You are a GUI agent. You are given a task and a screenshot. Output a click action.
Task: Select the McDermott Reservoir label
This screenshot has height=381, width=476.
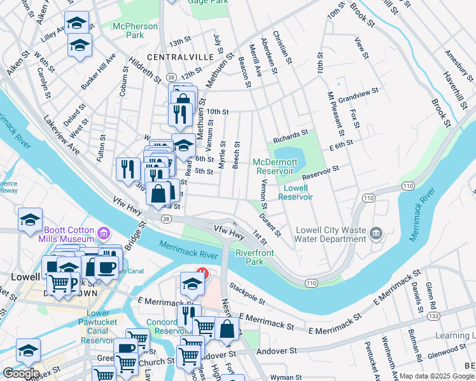click(275, 166)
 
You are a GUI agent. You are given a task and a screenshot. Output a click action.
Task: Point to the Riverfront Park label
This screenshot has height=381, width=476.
click(255, 257)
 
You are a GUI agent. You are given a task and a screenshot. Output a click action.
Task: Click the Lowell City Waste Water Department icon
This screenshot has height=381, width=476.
click(377, 234)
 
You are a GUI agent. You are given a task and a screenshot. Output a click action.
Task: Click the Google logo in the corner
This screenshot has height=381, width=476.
click(21, 373)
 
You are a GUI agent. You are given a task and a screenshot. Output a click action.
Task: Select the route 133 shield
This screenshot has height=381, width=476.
click(433, 316)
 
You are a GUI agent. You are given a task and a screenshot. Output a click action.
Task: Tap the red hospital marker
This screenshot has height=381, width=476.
click(202, 274)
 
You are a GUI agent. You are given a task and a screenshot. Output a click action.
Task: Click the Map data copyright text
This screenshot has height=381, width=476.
click(437, 376)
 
